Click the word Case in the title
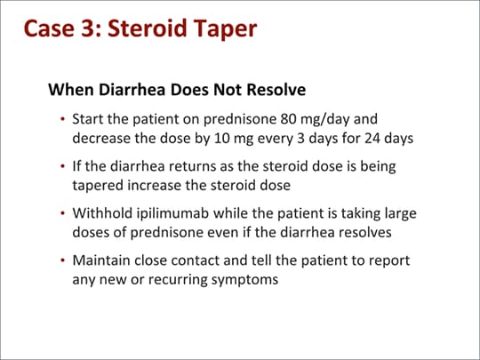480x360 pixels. pos(49,28)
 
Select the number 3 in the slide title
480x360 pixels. pos(87,28)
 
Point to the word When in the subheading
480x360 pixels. pos(71,90)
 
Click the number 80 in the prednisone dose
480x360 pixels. pos(288,119)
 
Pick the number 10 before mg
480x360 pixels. pos(222,138)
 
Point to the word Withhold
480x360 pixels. pos(102,213)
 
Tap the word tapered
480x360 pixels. pos(98,186)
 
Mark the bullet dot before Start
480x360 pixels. pos(63,119)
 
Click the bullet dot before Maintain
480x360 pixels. pos(63,260)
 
